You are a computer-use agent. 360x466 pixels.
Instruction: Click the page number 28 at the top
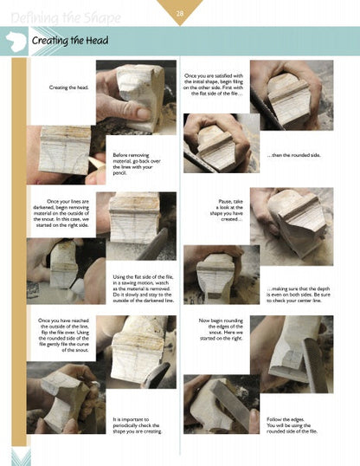[180, 10]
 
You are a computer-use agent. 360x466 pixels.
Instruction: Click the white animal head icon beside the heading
[15, 41]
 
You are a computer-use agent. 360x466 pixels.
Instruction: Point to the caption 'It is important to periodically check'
[138, 425]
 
